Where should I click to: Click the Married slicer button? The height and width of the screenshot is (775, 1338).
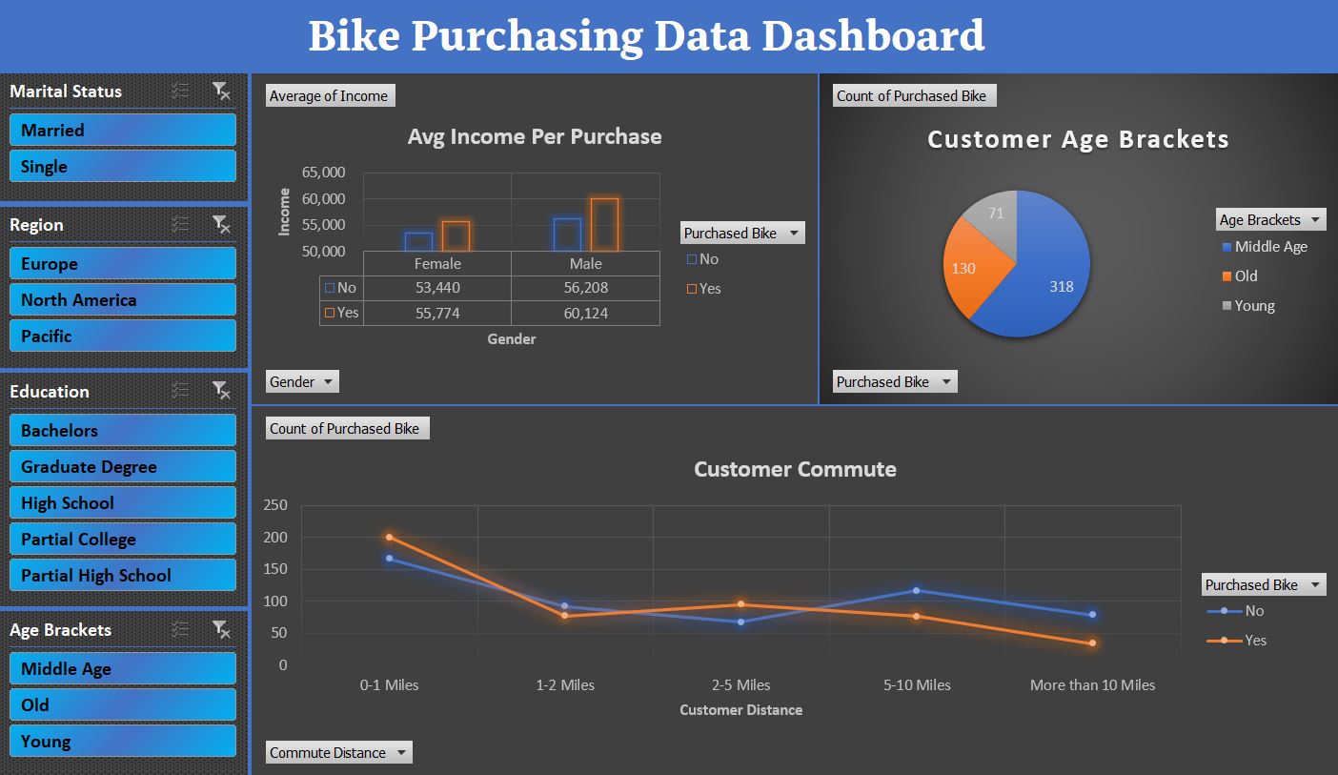click(122, 131)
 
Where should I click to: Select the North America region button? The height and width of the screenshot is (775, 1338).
click(122, 300)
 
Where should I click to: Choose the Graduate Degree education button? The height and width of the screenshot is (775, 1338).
click(122, 467)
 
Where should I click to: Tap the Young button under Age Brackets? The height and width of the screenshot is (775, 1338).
click(122, 742)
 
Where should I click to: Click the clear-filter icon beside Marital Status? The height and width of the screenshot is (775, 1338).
click(221, 92)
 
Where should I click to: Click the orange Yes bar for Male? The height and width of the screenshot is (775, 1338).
click(604, 225)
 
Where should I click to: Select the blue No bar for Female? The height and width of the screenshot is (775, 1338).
click(418, 242)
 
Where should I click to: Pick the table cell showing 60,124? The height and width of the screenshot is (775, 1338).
click(585, 313)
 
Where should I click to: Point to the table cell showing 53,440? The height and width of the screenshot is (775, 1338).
click(437, 287)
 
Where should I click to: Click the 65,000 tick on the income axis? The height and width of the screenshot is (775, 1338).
click(324, 173)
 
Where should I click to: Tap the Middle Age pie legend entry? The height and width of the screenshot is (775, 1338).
click(1270, 247)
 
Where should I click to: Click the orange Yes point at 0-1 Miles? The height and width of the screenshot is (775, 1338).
click(389, 538)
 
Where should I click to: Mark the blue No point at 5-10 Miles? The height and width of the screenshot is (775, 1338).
click(917, 591)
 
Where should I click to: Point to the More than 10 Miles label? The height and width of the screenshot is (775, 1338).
click(1092, 684)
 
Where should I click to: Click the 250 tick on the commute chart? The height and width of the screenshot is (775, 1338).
click(275, 505)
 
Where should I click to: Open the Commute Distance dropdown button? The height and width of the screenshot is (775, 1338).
click(402, 752)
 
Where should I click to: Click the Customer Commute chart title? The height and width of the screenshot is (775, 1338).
click(795, 469)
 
